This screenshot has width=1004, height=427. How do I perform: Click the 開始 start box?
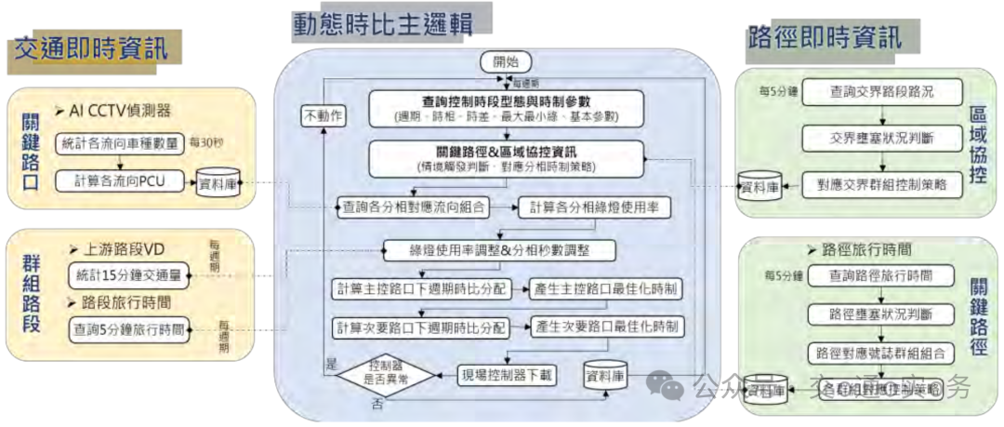[x=506, y=62]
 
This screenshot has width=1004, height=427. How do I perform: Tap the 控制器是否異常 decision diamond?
[x=385, y=376]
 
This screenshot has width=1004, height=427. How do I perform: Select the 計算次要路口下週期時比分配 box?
[x=421, y=327]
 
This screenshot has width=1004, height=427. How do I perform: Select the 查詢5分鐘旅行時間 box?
[x=128, y=328]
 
